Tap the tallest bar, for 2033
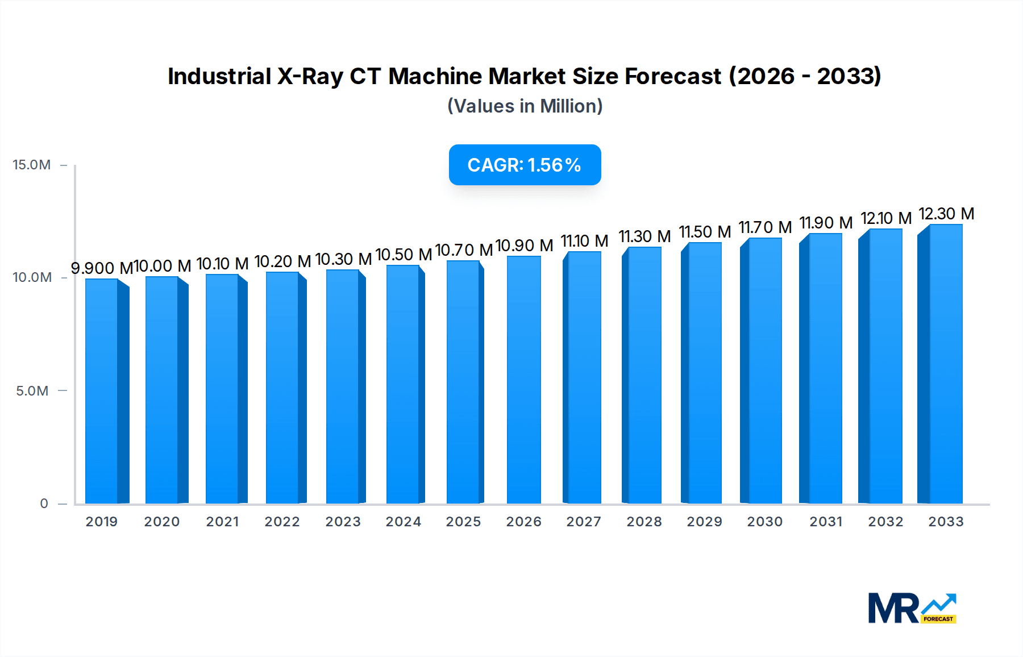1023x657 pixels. pyautogui.click(x=945, y=364)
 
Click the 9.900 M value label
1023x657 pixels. pyautogui.click(x=101, y=268)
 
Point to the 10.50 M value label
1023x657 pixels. pyautogui.click(x=404, y=255)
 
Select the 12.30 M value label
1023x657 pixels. pyautogui.click(x=946, y=214)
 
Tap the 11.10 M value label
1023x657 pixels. pyautogui.click(x=584, y=241)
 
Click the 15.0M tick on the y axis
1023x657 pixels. pyautogui.click(x=32, y=165)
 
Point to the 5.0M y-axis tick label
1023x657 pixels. pyautogui.click(x=32, y=391)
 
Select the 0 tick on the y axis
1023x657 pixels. pyautogui.click(x=44, y=504)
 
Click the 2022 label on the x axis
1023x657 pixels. pyautogui.click(x=282, y=522)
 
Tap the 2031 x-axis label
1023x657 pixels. pyautogui.click(x=826, y=522)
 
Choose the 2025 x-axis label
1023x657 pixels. pyautogui.click(x=463, y=522)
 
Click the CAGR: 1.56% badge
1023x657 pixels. pyautogui.click(x=525, y=165)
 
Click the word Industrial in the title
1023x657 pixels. pyautogui.click(x=219, y=76)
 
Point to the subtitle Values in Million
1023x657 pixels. pyautogui.click(x=525, y=106)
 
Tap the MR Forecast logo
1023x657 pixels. pyautogui.click(x=912, y=608)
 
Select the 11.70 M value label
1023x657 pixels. pyautogui.click(x=765, y=227)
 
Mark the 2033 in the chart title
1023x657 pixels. pyautogui.click(x=847, y=76)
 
